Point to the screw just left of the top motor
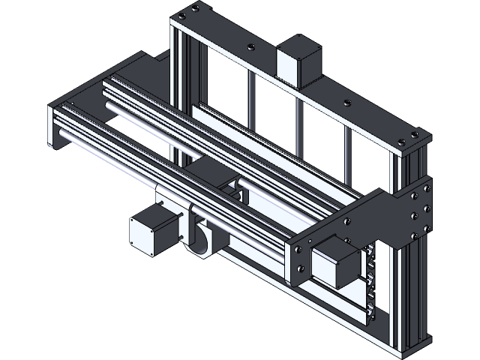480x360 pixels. tap(254, 48)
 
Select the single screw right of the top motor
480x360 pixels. tap(346, 103)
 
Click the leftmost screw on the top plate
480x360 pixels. tap(182, 14)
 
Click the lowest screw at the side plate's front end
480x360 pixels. tap(303, 278)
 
